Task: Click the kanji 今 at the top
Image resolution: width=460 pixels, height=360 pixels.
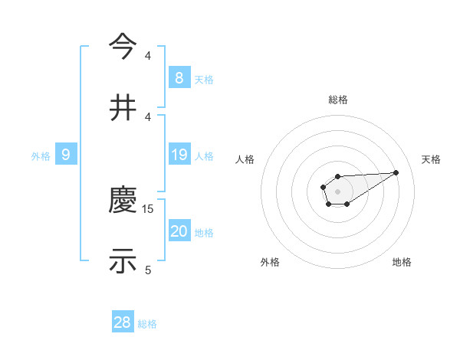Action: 123,47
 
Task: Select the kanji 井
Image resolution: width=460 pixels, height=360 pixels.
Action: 123,107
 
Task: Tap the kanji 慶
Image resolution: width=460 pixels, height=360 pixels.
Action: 123,201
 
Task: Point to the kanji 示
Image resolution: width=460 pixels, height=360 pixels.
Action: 123,261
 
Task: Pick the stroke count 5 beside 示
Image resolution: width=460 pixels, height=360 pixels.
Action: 149,269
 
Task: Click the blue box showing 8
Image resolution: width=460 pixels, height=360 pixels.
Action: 179,78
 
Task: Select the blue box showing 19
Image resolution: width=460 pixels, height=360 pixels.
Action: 179,155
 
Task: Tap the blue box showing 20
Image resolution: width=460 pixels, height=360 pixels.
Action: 179,231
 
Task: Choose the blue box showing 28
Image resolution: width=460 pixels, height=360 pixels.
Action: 123,322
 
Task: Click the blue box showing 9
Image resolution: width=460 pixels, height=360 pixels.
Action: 66,155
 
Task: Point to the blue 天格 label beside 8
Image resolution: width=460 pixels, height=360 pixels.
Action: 204,80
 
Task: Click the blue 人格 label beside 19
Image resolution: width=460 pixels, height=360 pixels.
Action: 204,156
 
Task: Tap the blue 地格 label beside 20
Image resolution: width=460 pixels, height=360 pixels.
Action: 204,233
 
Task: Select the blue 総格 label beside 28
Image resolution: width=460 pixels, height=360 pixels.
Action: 147,324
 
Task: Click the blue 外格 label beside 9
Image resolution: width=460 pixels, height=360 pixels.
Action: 41,156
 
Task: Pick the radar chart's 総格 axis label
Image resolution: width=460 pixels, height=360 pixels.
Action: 337,100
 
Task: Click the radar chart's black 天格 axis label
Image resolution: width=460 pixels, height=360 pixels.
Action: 431,159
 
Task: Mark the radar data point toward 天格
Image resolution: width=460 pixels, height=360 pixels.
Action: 396,172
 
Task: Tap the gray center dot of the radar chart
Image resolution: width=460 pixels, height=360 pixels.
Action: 337,191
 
